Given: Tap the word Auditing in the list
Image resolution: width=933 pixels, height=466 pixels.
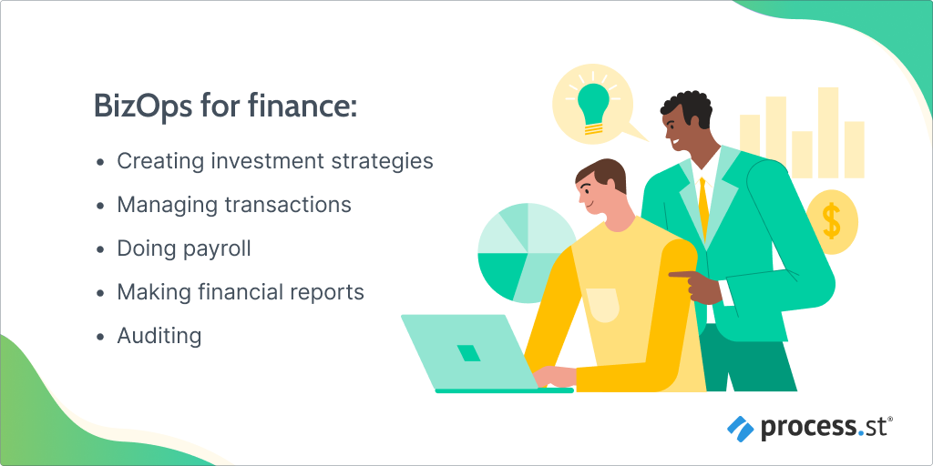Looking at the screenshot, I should [x=159, y=336].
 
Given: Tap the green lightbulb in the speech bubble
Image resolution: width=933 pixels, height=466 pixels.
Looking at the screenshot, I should [x=592, y=105].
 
